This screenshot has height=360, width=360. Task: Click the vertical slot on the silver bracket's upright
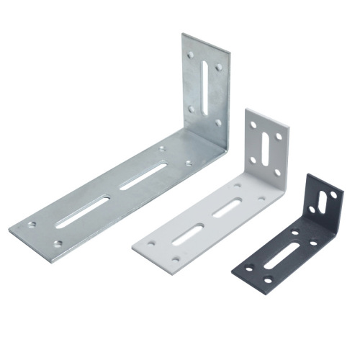(x=207, y=85)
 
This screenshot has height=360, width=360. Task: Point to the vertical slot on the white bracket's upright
(x=267, y=146)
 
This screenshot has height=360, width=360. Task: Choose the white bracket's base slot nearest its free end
(x=190, y=235)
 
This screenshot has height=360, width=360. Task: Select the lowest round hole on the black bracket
(x=269, y=280)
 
